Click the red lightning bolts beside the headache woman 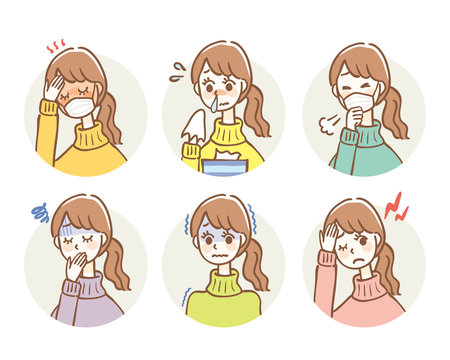click(397, 207)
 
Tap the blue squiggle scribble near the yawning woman click(41, 212)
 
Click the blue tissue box click(225, 164)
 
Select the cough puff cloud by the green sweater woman click(323, 128)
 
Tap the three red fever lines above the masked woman click(56, 46)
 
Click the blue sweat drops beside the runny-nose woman click(177, 70)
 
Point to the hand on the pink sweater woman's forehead click(329, 238)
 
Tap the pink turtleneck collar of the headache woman click(358, 282)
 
